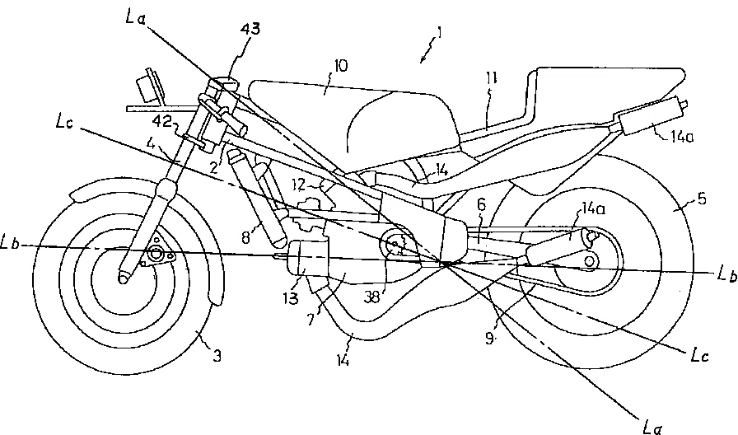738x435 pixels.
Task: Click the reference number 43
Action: [x=250, y=28]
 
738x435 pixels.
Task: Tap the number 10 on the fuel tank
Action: [x=340, y=65]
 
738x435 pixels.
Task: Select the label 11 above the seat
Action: [x=492, y=78]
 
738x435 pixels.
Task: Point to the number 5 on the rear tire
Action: [x=701, y=199]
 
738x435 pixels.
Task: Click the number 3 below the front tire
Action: [x=217, y=356]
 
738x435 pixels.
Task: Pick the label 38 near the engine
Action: [x=371, y=298]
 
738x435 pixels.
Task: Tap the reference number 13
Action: [x=291, y=298]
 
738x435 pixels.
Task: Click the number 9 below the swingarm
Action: [x=490, y=338]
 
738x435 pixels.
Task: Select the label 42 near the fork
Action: [x=161, y=122]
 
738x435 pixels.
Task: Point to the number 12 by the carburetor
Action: [x=299, y=185]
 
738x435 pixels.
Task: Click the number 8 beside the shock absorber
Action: [x=245, y=238]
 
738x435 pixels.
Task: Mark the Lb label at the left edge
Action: [x=9, y=244]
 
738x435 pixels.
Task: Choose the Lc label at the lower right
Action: [x=699, y=357]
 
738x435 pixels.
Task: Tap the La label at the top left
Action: [x=136, y=17]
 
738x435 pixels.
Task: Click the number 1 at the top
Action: [x=439, y=32]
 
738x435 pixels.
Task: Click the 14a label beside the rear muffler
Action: [x=681, y=137]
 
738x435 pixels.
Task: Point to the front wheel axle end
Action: [x=124, y=278]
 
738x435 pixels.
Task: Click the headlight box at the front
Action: [x=147, y=85]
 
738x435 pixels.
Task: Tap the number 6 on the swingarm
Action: [x=481, y=203]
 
